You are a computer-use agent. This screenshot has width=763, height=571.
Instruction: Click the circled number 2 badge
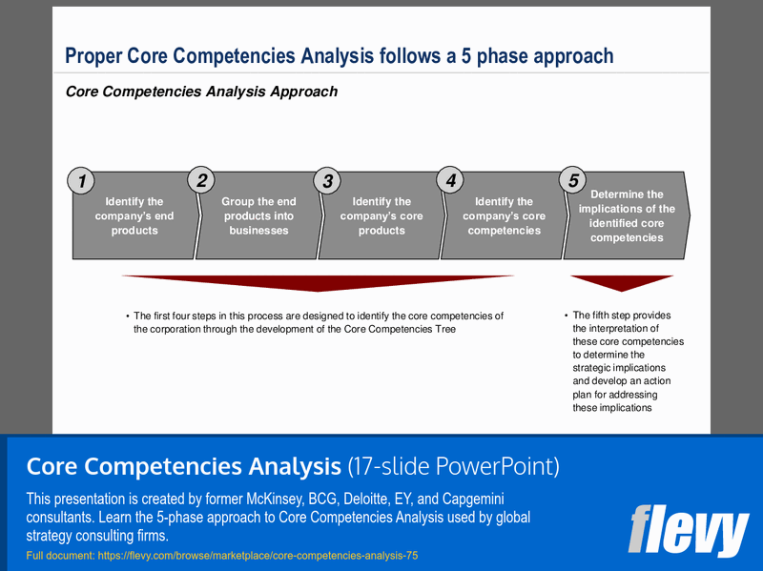coord(202,179)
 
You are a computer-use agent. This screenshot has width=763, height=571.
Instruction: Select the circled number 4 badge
coord(451,179)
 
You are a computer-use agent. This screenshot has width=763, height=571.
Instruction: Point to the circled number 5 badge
coord(573,179)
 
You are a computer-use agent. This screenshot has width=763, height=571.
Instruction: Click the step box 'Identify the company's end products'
coord(134,216)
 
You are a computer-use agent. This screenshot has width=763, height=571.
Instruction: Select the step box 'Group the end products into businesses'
coord(258,216)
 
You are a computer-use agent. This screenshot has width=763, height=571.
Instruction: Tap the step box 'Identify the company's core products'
coord(381,216)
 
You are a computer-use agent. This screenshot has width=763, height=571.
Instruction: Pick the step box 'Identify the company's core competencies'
coord(504,216)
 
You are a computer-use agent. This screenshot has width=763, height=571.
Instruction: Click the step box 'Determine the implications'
coord(627,216)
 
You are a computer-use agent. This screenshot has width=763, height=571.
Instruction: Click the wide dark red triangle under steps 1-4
coord(318,282)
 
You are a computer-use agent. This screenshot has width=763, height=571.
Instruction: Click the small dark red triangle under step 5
coord(622,282)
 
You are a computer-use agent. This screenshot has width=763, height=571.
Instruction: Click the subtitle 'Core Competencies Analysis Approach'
coord(201,92)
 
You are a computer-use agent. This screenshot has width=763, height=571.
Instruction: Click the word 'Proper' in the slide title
coord(93,56)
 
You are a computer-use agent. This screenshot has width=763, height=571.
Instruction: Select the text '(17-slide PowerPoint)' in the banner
coord(453,466)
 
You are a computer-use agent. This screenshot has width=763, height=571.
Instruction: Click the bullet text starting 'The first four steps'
coord(318,322)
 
